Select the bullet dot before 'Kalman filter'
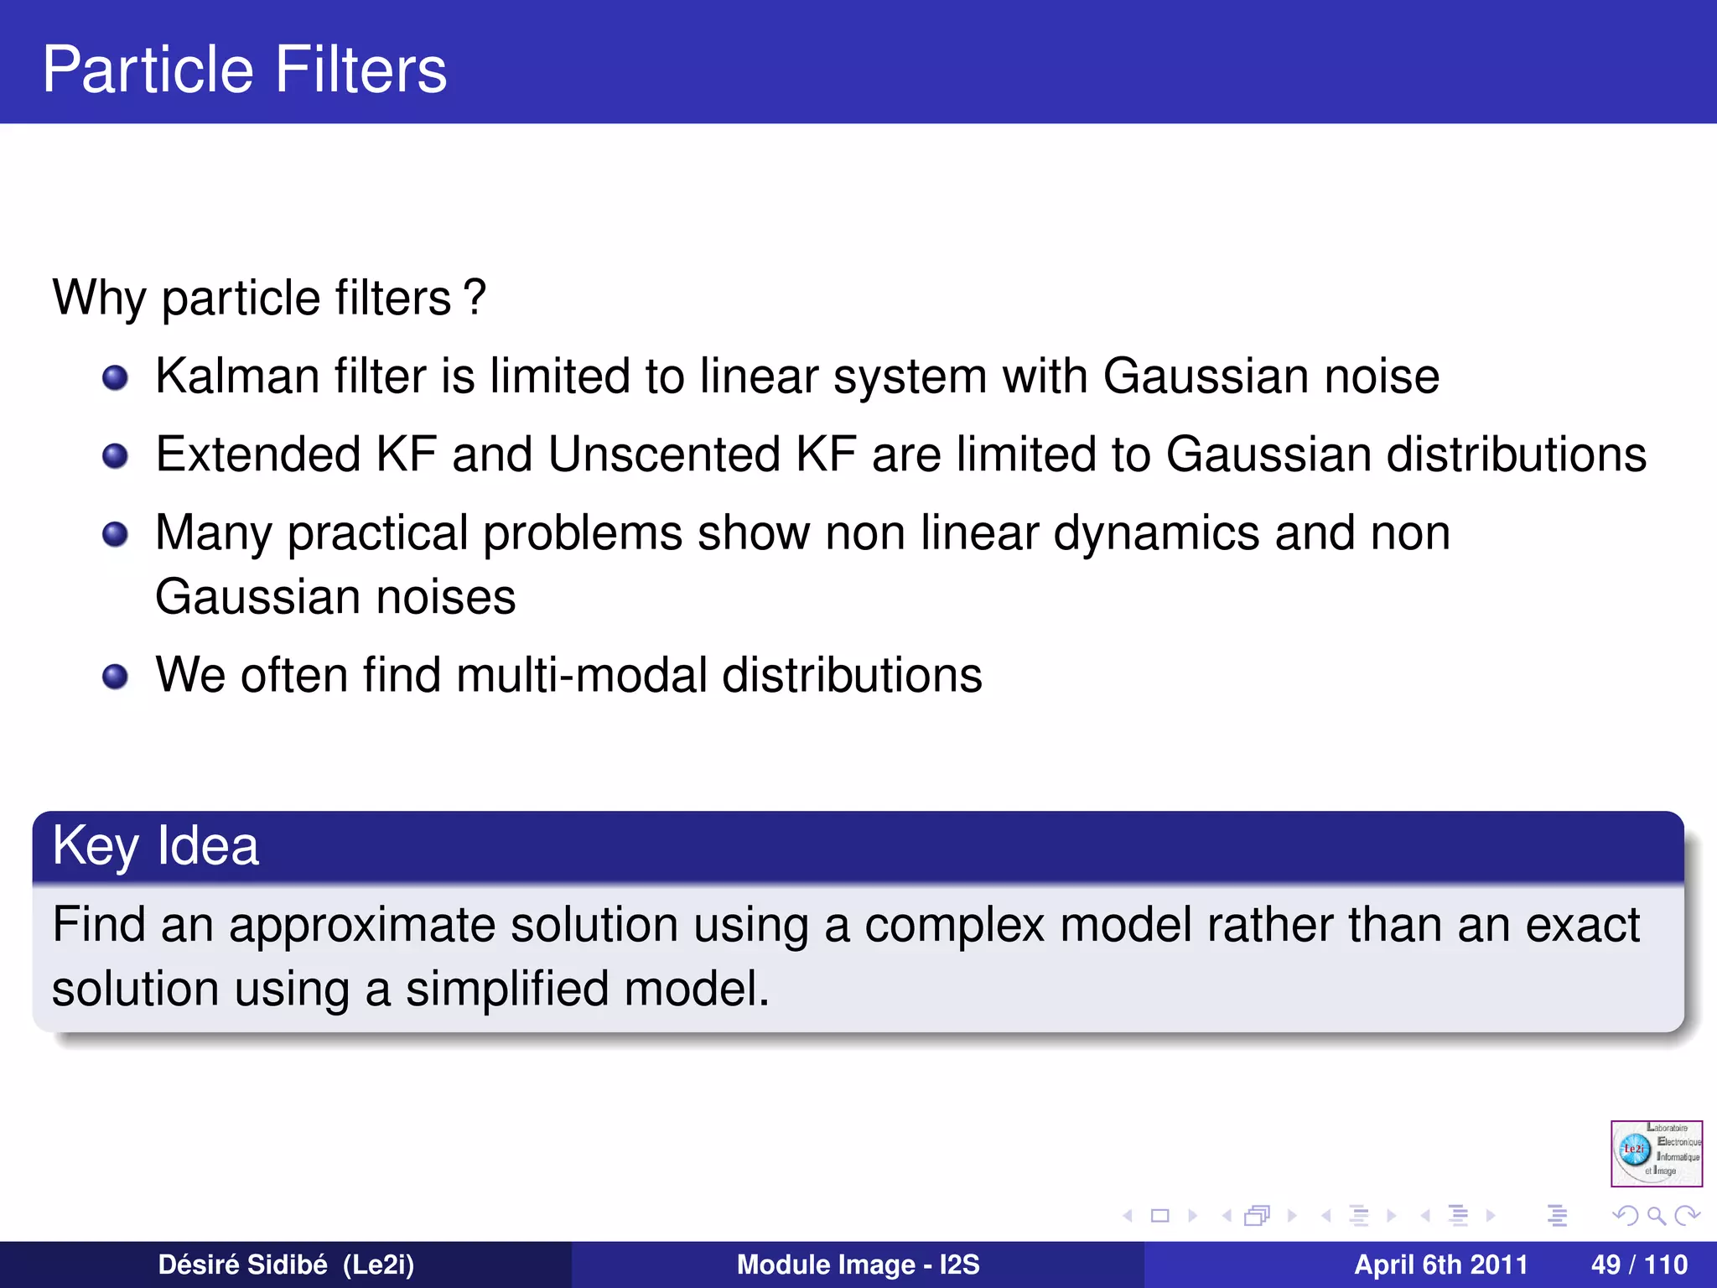tap(115, 378)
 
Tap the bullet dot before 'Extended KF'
tap(115, 456)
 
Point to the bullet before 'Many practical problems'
tap(115, 534)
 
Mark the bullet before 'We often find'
tap(115, 676)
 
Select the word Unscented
tap(664, 454)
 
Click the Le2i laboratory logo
tap(1656, 1153)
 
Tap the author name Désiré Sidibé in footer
tap(242, 1265)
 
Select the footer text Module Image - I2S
tap(858, 1265)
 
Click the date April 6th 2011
tap(1440, 1265)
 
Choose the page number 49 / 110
tap(1639, 1265)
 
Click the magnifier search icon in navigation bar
tap(1656, 1215)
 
